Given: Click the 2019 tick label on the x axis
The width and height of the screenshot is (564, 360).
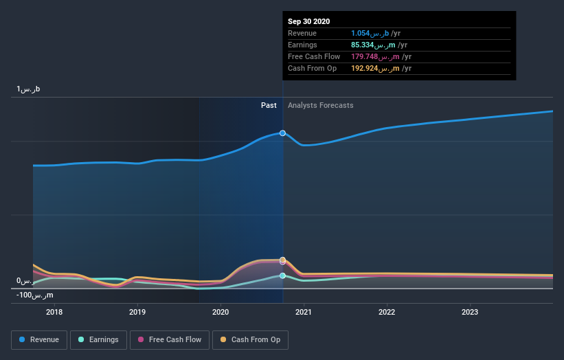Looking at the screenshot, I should [x=137, y=311].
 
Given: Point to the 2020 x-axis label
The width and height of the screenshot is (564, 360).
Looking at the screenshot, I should [x=221, y=311].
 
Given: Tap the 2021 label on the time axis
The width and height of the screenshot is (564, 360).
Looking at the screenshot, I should [x=304, y=311].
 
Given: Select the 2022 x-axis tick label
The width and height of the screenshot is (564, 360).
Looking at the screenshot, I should [x=387, y=311].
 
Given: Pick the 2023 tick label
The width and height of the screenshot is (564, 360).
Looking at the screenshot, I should [x=470, y=311].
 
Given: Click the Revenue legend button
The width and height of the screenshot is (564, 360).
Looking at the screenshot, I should [x=40, y=339].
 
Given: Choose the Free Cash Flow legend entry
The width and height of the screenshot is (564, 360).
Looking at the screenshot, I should [x=169, y=339].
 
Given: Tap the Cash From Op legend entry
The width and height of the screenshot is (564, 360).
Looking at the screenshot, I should [x=251, y=339].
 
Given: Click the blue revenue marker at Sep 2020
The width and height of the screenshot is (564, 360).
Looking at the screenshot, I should [x=282, y=133].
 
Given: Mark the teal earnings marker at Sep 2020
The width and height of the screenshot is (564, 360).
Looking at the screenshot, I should [x=282, y=275].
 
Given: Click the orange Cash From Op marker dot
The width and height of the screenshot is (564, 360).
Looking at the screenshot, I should [x=282, y=260].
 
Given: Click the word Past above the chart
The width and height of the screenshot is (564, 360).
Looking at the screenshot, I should [x=269, y=105].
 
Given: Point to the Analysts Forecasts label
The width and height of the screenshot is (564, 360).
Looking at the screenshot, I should [x=321, y=105].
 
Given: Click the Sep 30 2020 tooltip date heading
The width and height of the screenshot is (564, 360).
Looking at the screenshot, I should [x=309, y=21].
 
